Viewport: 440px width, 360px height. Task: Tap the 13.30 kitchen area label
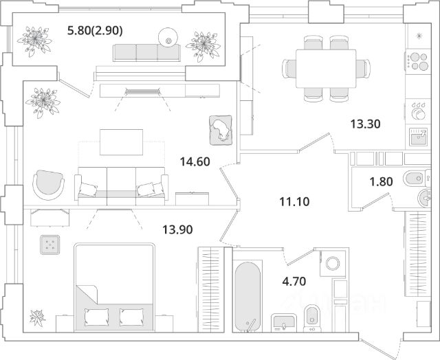tap(365, 124)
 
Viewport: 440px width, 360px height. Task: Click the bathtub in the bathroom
tap(247, 294)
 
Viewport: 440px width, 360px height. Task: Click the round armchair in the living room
tap(49, 183)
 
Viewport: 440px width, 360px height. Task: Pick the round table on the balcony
tap(167, 37)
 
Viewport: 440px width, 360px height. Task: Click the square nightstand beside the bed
tap(50, 244)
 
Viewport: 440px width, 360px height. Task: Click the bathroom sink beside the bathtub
tap(281, 322)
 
